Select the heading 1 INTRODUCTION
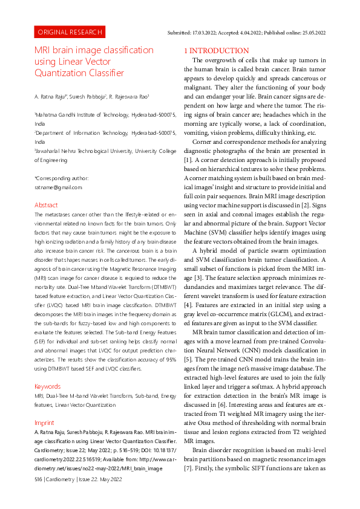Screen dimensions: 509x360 point(214,50)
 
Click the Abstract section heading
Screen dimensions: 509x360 point(46,205)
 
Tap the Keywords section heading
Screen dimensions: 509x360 point(48,369)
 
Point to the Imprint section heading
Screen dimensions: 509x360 point(44,406)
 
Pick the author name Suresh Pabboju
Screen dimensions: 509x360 point(87,96)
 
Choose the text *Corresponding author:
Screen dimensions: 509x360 point(61,178)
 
